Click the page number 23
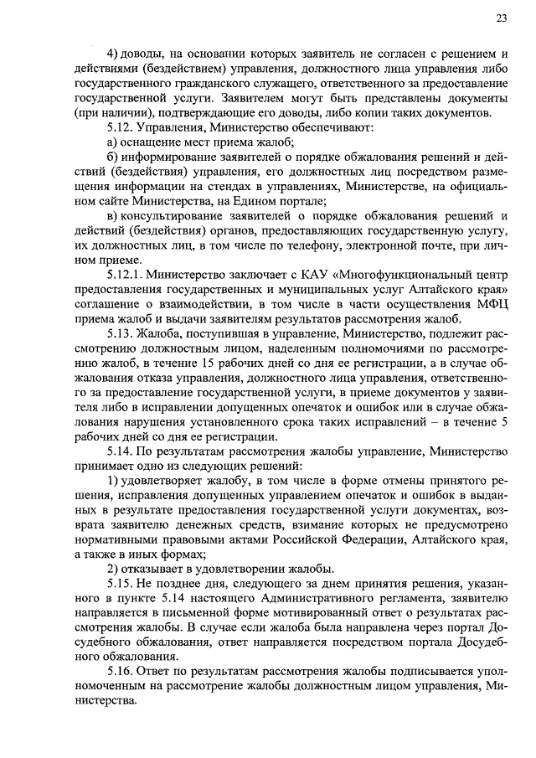pos(500,18)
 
